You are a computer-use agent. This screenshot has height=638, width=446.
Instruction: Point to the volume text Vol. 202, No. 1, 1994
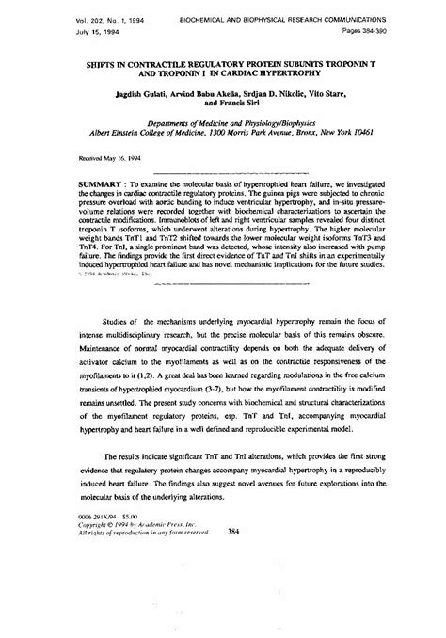pos(74,20)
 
